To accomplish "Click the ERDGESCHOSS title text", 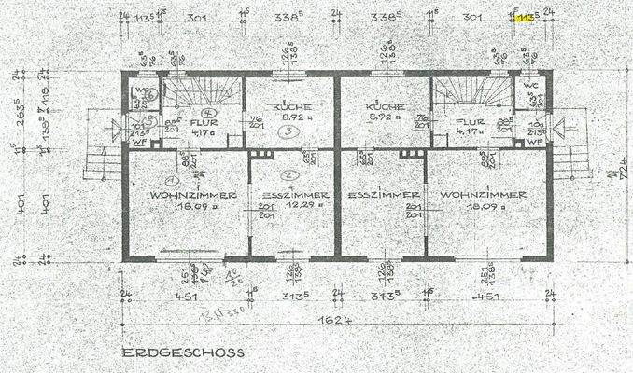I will [182, 352].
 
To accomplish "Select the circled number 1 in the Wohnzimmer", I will [170, 181].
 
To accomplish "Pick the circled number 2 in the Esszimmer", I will [291, 175].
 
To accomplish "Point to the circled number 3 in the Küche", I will [290, 132].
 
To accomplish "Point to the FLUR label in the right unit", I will [467, 121].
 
